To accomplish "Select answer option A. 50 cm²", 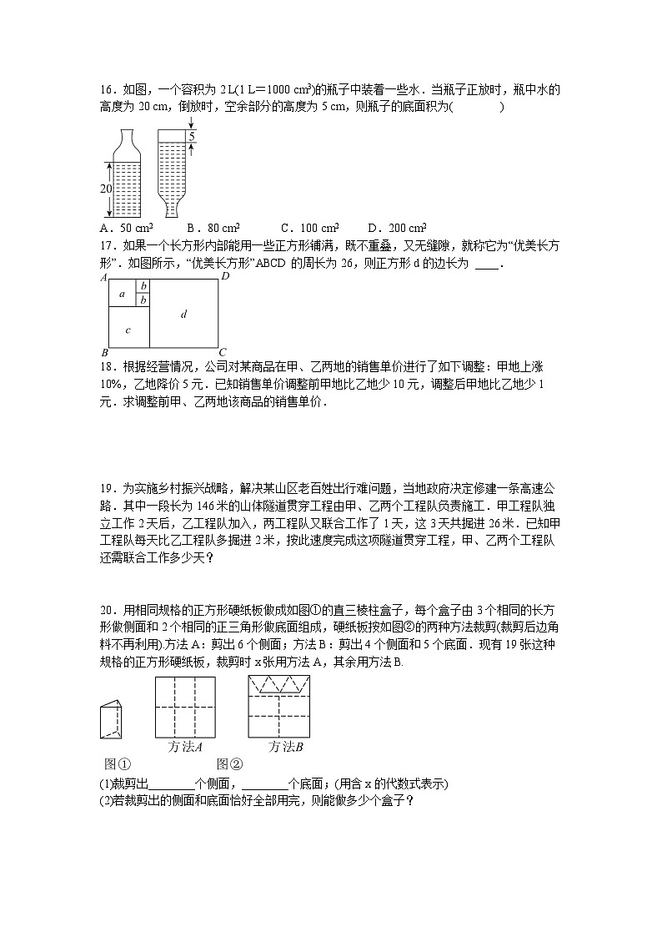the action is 125,227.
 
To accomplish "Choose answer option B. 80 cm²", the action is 213,227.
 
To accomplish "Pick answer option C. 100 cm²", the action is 309,227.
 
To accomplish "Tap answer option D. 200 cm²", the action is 397,227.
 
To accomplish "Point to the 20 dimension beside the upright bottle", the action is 106,189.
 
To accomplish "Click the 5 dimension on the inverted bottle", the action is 191,136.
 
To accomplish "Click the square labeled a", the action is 123,294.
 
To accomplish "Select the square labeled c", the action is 128,329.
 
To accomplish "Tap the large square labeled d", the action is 183,314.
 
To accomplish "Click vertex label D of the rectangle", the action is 224,275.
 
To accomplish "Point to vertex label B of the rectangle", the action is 103,352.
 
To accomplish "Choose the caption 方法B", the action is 285,747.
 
